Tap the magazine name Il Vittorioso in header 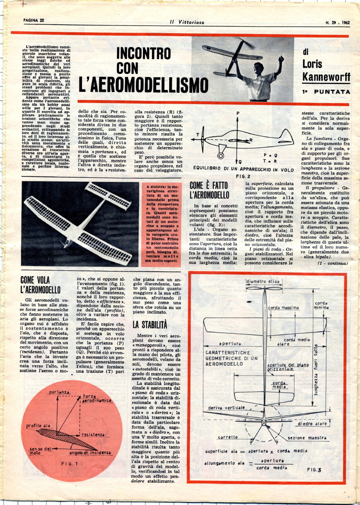pyautogui.click(x=186, y=22)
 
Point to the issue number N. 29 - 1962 pyautogui.click(x=337, y=22)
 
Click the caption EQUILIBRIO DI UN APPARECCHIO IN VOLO pyautogui.click(x=243, y=170)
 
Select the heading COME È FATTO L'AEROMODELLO pyautogui.click(x=209, y=190)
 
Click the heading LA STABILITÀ pyautogui.click(x=150, y=325)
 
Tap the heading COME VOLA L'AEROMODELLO pyautogui.click(x=41, y=284)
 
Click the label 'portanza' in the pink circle pyautogui.click(x=59, y=392)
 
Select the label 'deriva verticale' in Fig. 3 pyautogui.click(x=227, y=408)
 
